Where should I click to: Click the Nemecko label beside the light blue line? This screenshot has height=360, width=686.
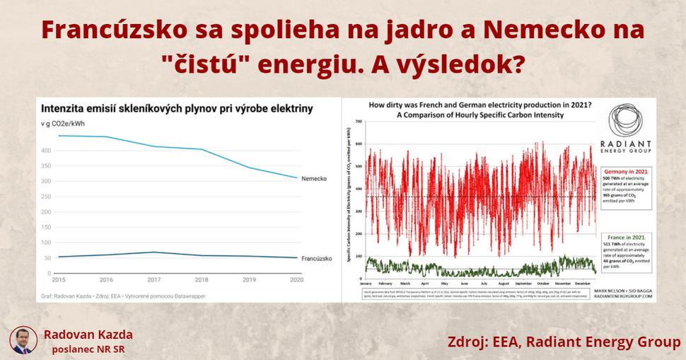313,178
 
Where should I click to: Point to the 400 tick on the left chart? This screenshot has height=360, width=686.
47,151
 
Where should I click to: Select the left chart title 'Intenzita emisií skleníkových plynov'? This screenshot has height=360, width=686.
177,110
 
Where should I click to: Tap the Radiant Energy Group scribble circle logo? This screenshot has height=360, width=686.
624,122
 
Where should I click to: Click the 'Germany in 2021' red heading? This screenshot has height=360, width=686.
624,171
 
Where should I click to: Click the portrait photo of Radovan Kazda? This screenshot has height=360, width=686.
23,339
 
